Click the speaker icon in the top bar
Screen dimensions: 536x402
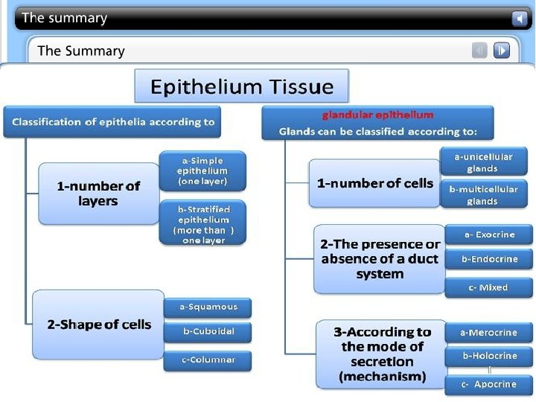click(x=519, y=18)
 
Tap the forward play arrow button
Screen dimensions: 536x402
click(x=502, y=51)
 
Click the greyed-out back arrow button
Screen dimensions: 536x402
click(x=480, y=51)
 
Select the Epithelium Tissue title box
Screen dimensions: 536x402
click(x=241, y=86)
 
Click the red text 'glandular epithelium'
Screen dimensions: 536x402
click(x=377, y=115)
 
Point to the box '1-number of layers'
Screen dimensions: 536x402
click(x=98, y=194)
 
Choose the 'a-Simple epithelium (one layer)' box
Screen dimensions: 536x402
click(x=202, y=170)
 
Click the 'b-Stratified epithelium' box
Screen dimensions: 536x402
click(x=202, y=224)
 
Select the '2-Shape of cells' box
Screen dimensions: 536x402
click(x=98, y=325)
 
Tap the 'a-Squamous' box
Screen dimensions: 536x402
click(x=208, y=307)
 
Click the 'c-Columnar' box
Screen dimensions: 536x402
click(x=208, y=360)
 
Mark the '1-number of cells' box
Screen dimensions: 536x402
click(x=374, y=183)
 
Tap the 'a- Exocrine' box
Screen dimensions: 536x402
click(x=489, y=234)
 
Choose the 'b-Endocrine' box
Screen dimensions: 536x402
click(x=489, y=260)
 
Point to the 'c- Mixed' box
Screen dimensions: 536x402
click(x=489, y=287)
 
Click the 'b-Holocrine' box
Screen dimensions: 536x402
click(x=489, y=356)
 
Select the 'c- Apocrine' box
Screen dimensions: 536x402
click(x=489, y=385)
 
